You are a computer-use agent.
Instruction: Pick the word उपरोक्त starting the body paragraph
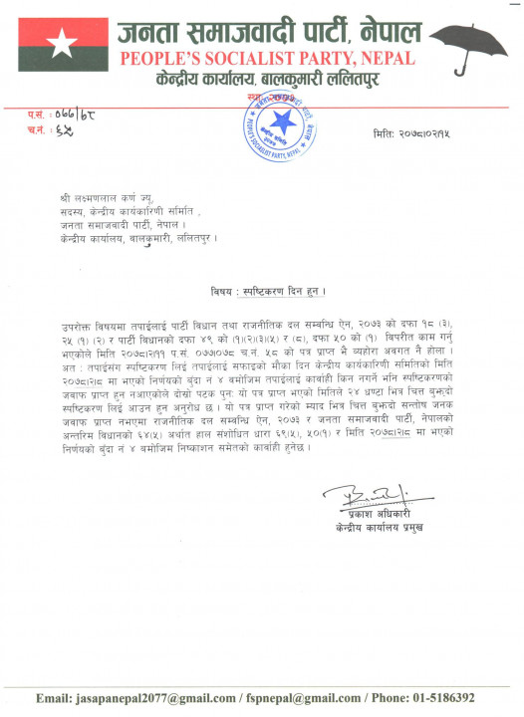[x=77, y=327]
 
